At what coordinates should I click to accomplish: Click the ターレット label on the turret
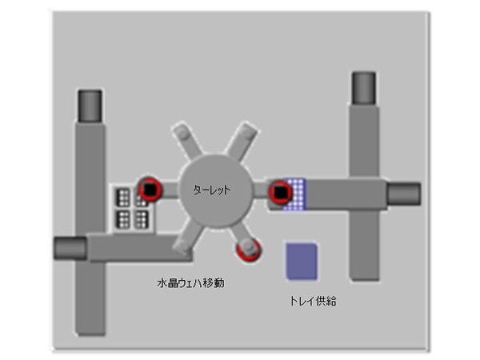coord(211,190)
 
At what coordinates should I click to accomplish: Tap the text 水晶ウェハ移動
coord(190,283)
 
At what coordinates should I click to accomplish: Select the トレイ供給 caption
coord(313,301)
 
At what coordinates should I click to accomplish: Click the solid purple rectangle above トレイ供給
coord(302,261)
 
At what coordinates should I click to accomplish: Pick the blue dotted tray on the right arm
coord(295,194)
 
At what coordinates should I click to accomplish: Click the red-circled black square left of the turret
coord(149,189)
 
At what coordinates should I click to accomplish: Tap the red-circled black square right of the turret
coord(280,192)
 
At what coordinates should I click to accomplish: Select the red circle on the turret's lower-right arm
coord(249,250)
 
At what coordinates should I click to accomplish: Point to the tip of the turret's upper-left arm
coord(182,131)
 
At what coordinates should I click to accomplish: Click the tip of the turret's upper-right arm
coord(247,131)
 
